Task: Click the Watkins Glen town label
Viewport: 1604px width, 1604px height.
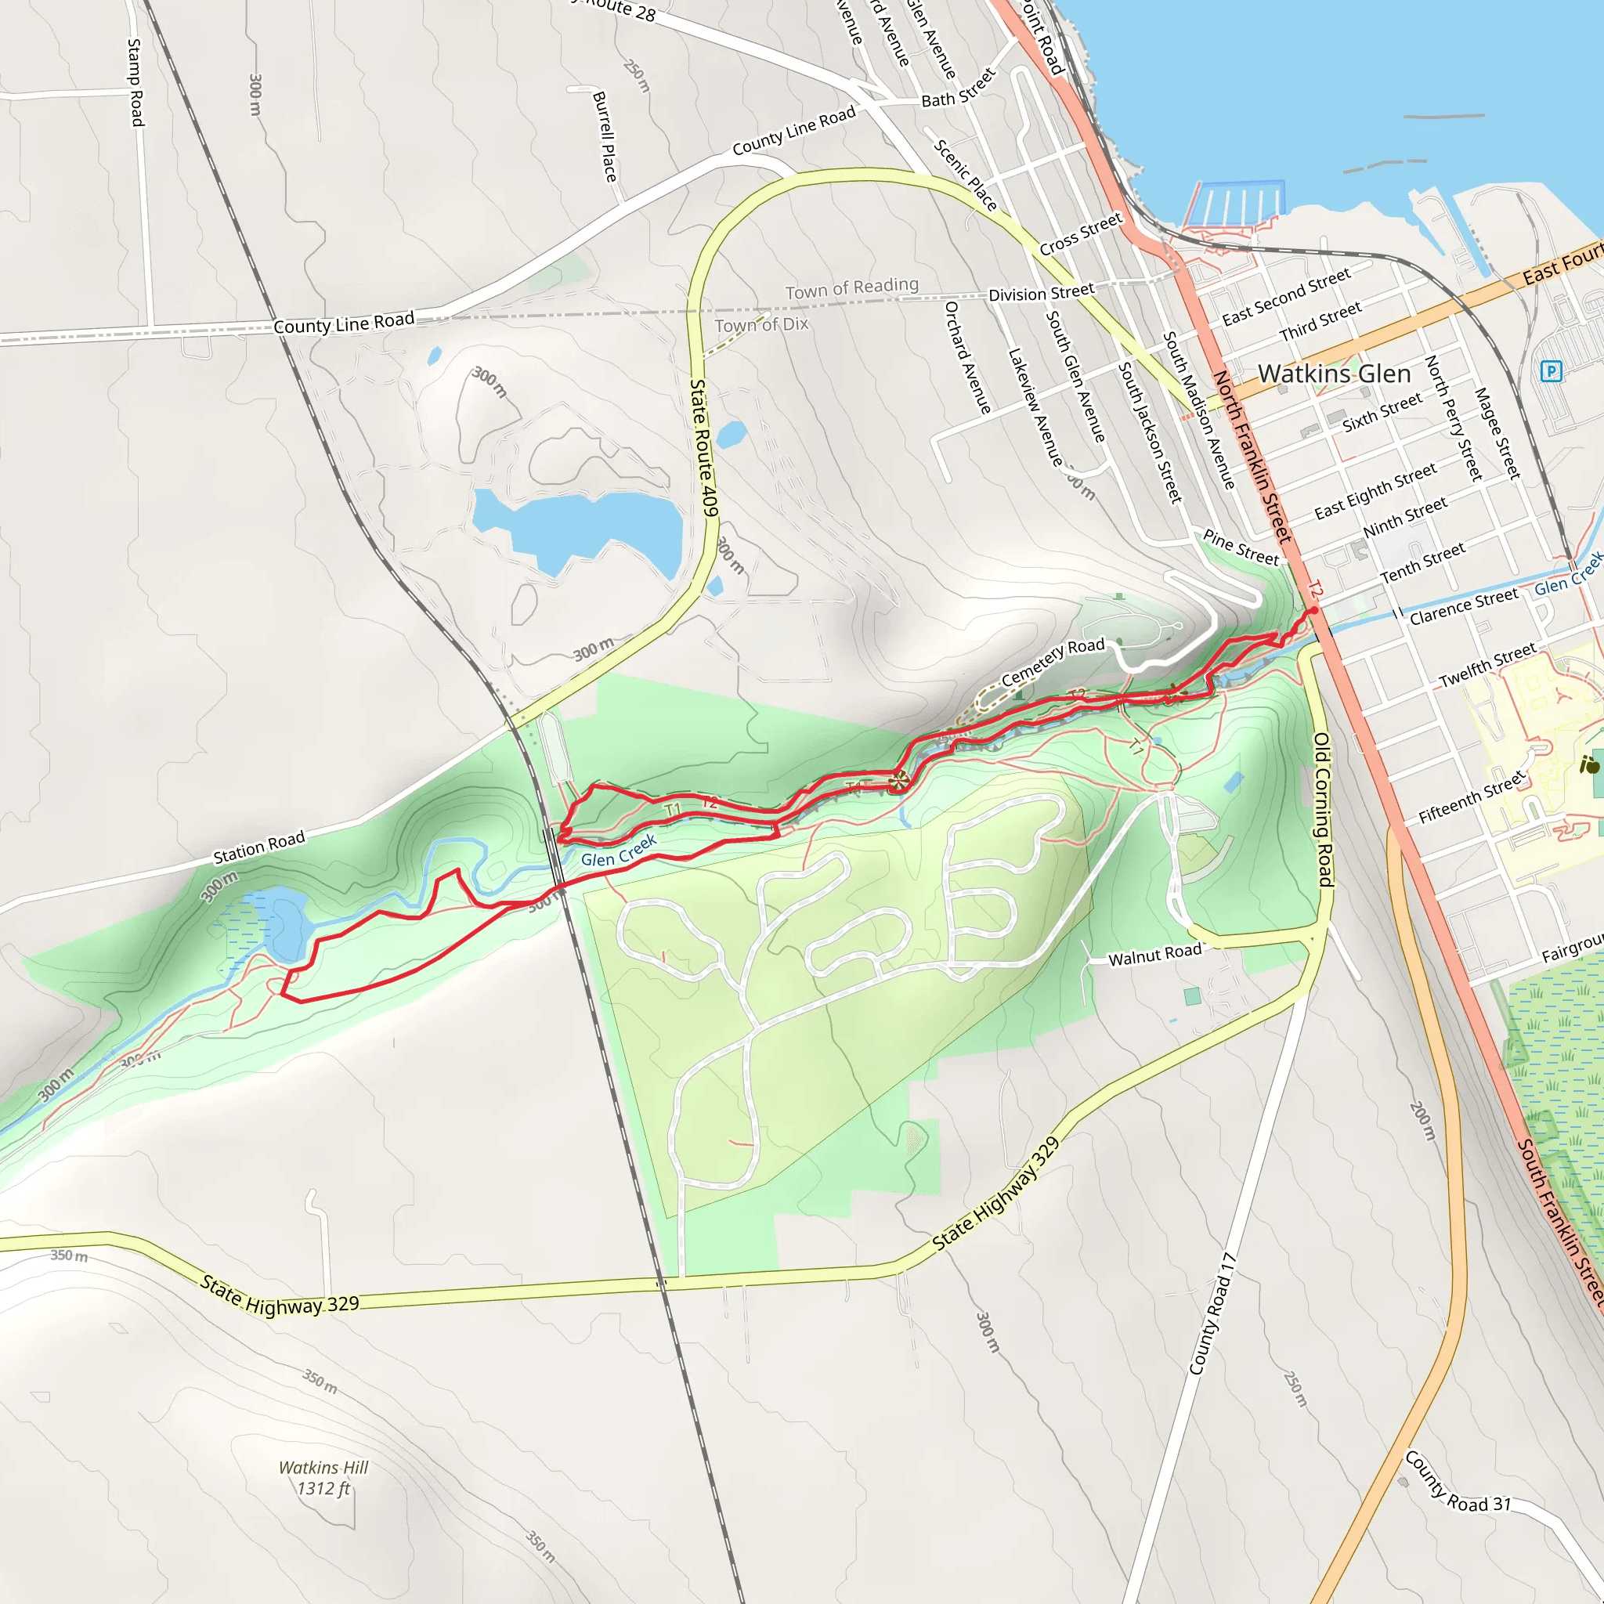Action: coord(1334,374)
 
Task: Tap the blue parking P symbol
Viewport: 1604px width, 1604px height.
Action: coord(1550,370)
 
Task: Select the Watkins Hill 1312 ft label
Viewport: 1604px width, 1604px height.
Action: coord(323,1478)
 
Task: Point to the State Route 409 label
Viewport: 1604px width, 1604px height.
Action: coord(704,447)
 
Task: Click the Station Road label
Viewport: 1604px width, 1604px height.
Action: coord(259,847)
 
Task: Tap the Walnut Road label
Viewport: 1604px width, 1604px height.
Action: coord(1155,955)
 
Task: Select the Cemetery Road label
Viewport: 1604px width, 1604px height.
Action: coord(1053,662)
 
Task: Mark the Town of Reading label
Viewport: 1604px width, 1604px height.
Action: coord(852,288)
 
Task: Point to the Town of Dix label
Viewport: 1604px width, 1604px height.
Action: coord(761,324)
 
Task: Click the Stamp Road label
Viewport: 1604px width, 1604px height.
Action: coord(135,82)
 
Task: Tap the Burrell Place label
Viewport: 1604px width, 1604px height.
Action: coord(605,136)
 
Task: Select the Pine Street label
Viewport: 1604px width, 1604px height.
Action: coord(1241,548)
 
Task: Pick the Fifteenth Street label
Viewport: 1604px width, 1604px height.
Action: coord(1472,797)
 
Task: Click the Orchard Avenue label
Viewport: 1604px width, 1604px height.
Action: coord(967,357)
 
